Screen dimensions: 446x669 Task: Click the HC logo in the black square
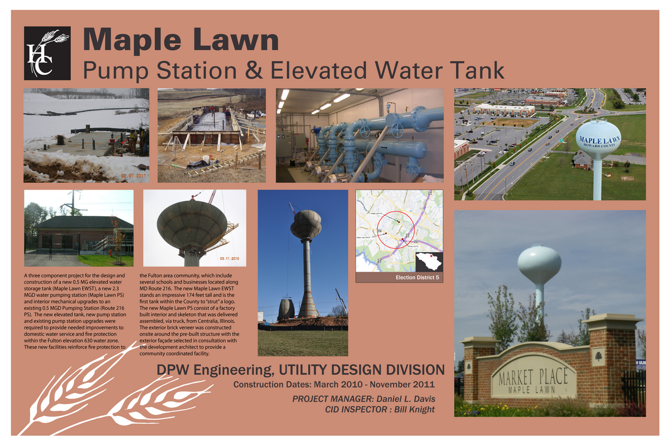pos(47,53)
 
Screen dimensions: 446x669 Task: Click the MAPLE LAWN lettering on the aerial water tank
pos(598,138)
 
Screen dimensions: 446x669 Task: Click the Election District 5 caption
pos(418,277)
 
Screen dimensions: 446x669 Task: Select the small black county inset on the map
pos(429,261)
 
